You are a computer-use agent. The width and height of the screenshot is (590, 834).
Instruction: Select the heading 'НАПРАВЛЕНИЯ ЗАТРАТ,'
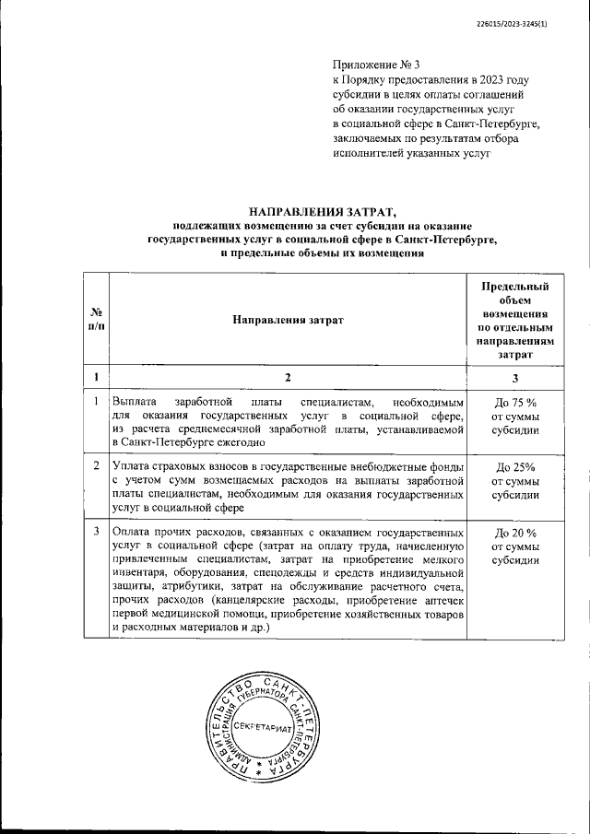coord(322,211)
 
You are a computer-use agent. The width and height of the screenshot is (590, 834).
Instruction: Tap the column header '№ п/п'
coord(96,319)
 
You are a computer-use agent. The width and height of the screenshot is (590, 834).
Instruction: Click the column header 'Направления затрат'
coord(287,319)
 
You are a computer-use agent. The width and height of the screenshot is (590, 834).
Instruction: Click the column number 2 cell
coord(287,378)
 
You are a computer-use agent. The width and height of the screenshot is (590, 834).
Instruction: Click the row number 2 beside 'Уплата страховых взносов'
coord(96,466)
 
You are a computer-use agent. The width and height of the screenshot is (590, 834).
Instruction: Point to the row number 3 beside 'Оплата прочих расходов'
coord(96,533)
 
